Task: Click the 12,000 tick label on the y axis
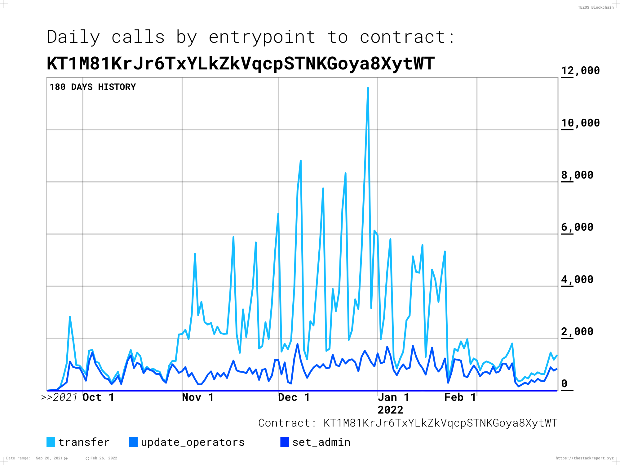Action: click(580, 71)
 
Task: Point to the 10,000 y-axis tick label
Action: click(580, 123)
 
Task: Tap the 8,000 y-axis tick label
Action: click(577, 175)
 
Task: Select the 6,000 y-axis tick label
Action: click(577, 227)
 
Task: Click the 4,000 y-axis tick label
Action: click(577, 280)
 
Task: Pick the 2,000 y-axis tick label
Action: click(577, 332)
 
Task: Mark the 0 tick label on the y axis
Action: click(565, 384)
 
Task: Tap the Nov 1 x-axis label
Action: click(198, 397)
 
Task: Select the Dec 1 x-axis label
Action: click(294, 397)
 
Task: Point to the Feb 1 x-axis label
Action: click(460, 397)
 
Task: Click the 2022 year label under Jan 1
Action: click(390, 410)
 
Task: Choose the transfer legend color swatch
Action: click(51, 442)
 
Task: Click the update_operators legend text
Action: click(193, 442)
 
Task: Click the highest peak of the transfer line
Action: click(368, 88)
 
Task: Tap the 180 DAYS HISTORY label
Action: click(93, 87)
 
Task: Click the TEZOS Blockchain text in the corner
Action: click(596, 7)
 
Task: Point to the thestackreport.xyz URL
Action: click(584, 458)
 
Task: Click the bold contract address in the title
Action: click(241, 64)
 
